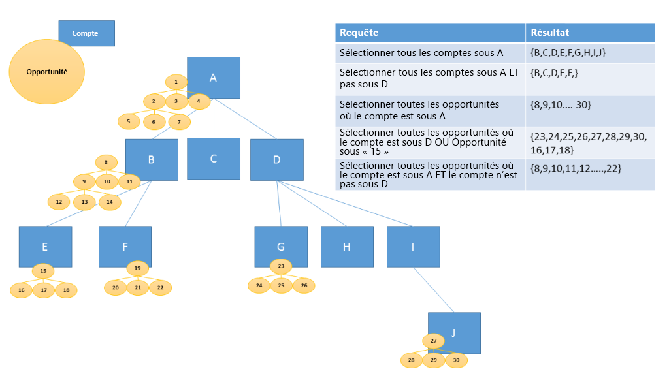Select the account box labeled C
pos(214,159)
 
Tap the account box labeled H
pos(347,246)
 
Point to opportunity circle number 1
pos(176,82)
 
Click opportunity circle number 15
pos(43,270)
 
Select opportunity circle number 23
pos(281,266)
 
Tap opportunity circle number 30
pos(457,360)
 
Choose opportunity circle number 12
pos(59,202)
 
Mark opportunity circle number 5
pos(128,121)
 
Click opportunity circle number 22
pos(160,287)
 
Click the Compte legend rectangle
pos(86,33)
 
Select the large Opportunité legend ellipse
pos(47,72)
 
